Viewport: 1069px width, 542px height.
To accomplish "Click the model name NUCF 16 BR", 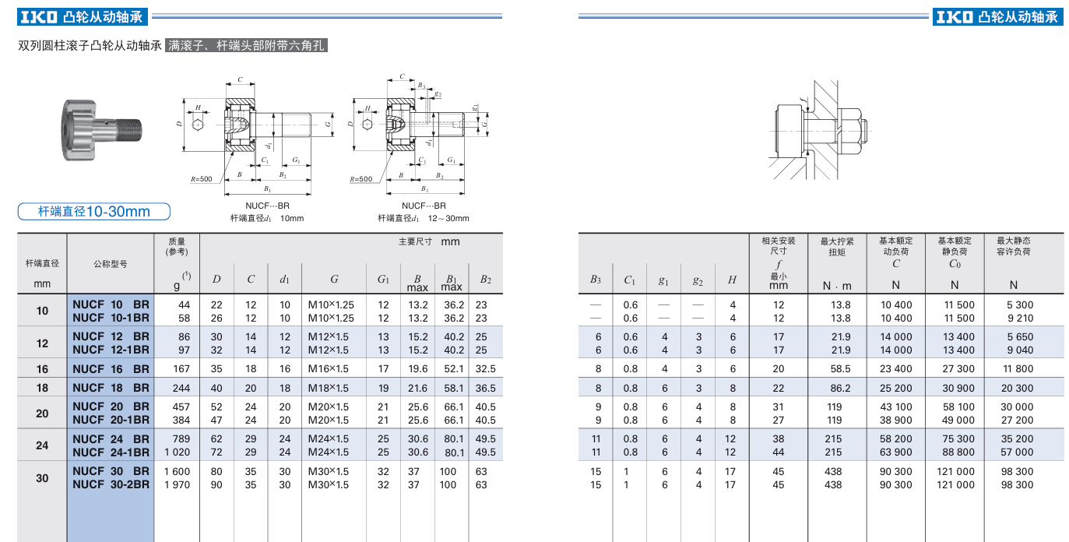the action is click(111, 369).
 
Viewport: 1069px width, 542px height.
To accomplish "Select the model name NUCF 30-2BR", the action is click(111, 484).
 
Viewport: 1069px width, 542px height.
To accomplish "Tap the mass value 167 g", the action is click(181, 369).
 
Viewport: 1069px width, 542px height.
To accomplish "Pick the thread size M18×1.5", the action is click(329, 389).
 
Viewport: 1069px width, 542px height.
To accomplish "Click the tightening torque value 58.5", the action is click(840, 369).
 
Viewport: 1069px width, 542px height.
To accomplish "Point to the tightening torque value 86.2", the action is click(840, 389).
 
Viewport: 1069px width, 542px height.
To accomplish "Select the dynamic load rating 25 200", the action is click(896, 389).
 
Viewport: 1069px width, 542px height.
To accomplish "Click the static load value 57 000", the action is click(1017, 452).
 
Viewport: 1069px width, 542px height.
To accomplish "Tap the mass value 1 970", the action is click(177, 484).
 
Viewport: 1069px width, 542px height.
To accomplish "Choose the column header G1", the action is click(383, 280).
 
